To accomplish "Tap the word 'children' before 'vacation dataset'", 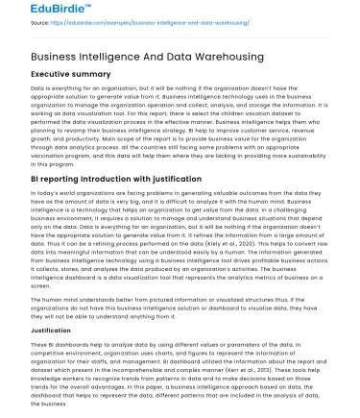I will pos(251,109).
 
